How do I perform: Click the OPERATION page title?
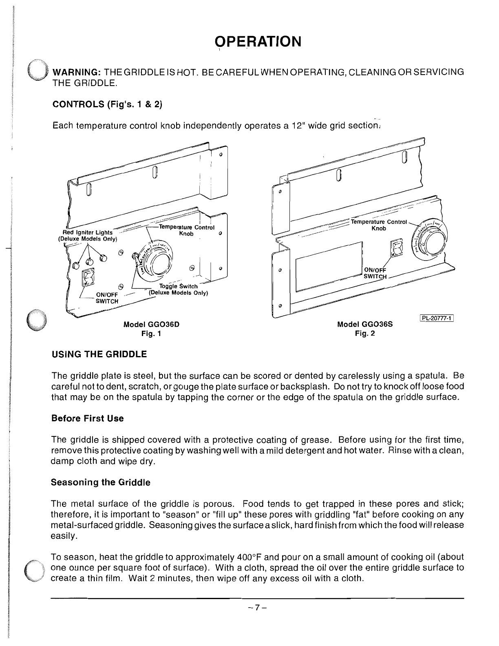(x=258, y=41)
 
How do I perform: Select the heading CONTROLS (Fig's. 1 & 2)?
(x=107, y=104)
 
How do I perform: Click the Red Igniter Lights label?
(x=88, y=232)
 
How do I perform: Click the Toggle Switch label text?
(x=178, y=286)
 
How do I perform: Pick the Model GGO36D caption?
(x=151, y=324)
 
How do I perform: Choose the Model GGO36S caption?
(x=364, y=324)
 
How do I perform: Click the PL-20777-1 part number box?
(x=437, y=319)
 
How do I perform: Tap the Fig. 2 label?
(x=365, y=334)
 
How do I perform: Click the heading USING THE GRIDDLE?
(x=99, y=354)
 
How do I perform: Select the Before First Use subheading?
(x=87, y=418)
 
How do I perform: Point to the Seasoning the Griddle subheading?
(x=100, y=482)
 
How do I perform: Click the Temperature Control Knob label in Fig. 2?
(x=379, y=225)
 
